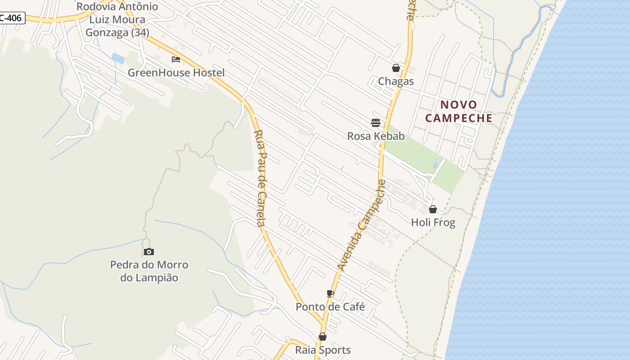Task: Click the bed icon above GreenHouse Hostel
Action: (176, 59)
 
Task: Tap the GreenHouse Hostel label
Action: (176, 72)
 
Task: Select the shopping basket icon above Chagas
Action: (396, 68)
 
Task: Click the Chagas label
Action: (396, 81)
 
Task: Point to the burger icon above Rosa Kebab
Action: (376, 122)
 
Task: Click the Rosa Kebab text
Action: (376, 136)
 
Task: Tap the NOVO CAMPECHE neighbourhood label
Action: (459, 112)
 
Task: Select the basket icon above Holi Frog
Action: (433, 209)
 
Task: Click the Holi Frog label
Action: (433, 222)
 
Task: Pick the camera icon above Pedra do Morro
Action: (149, 252)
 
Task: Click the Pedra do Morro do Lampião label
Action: (149, 271)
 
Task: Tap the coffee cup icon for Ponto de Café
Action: (330, 294)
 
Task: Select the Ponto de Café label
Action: (330, 307)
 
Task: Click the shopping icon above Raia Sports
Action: (323, 337)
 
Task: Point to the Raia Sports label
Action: (323, 350)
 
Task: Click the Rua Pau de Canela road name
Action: (261, 178)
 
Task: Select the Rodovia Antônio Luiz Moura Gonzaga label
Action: (117, 19)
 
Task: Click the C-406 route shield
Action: (11, 18)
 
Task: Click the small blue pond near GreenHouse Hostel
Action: (118, 58)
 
